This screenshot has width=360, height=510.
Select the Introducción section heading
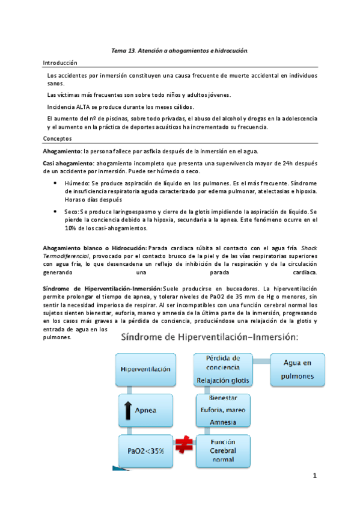pos(61,63)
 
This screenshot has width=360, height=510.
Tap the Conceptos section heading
pos(57,138)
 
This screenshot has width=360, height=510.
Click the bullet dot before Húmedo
pos(56,181)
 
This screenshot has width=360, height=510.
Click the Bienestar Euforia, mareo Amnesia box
pos(224,411)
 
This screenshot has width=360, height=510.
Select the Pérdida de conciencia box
pos(224,369)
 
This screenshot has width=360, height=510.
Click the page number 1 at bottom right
pos(314,476)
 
